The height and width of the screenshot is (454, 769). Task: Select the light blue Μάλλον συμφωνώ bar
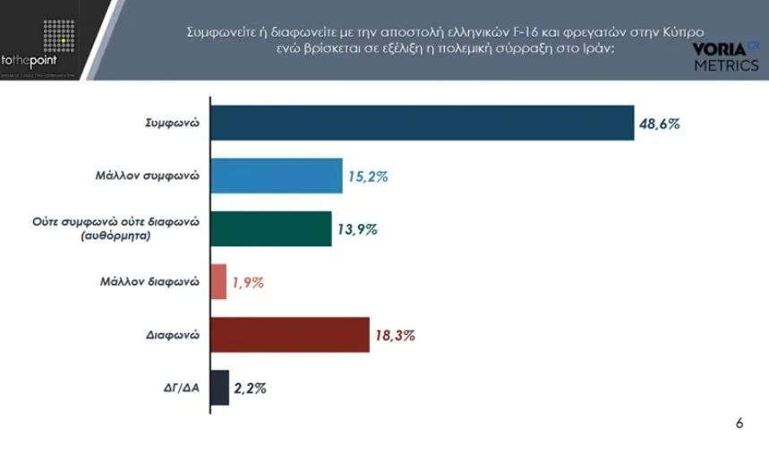point(276,176)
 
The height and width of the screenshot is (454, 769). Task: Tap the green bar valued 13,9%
point(270,229)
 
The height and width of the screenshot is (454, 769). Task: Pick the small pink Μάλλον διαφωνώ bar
point(218,282)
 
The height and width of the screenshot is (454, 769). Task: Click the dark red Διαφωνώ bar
point(289,335)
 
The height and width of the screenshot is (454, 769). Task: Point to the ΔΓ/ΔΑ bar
point(219,388)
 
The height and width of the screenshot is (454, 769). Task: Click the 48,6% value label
point(660,124)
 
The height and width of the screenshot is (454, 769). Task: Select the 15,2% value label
point(368,177)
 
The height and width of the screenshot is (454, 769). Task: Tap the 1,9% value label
point(248,283)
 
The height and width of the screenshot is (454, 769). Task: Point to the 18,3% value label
point(395,336)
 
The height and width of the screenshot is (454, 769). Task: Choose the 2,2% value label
point(251,389)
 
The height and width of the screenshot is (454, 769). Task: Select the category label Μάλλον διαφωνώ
point(149,282)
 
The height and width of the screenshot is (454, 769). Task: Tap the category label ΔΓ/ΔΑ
point(179,388)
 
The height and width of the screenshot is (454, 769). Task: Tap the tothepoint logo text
point(30,59)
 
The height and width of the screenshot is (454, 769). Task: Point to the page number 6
point(739,424)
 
